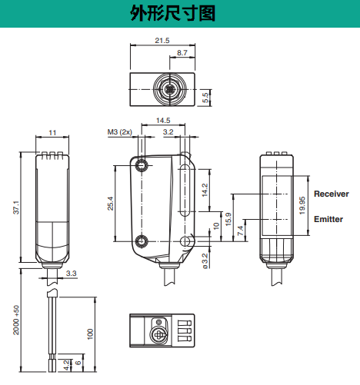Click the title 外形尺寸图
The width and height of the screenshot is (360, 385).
click(x=172, y=13)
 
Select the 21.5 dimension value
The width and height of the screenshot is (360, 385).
click(x=162, y=41)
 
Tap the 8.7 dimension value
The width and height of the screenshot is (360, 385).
click(x=182, y=53)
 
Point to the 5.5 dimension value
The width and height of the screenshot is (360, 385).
click(x=205, y=98)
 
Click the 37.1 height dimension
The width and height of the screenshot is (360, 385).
click(x=16, y=207)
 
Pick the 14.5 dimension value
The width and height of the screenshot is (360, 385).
click(x=163, y=120)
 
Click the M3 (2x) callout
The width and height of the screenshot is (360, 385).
click(x=119, y=132)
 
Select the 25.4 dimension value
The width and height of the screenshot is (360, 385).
click(x=110, y=204)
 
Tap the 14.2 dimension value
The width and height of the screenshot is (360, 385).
click(x=205, y=190)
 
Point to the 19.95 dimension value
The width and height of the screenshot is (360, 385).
click(x=302, y=205)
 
